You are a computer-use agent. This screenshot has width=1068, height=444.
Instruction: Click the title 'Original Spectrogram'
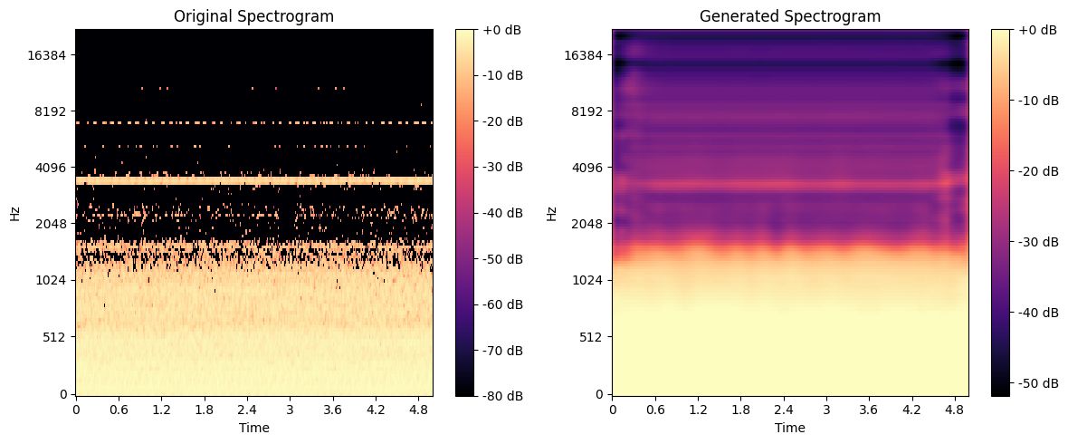click(253, 15)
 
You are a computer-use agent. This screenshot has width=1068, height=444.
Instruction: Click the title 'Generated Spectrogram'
click(790, 15)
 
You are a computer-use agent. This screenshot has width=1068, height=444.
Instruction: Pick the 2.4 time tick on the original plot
click(246, 409)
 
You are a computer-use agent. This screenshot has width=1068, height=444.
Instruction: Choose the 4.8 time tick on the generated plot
click(955, 409)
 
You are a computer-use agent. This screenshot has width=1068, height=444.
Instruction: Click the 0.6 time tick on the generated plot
click(655, 409)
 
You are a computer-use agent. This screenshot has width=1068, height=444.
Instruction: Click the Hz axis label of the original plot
click(14, 214)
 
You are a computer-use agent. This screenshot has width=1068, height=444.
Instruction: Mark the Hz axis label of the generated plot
click(551, 214)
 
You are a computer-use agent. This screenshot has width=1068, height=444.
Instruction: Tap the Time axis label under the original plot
click(253, 427)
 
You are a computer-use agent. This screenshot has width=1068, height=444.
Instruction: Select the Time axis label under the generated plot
click(790, 427)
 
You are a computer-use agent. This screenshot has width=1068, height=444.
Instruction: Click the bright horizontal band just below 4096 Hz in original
click(253, 181)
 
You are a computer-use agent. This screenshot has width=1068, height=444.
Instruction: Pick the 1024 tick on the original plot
click(53, 280)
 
